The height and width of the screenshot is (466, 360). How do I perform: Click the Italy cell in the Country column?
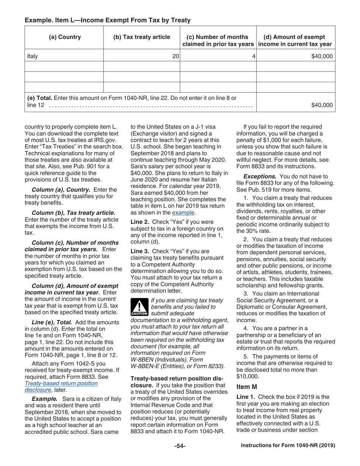33,56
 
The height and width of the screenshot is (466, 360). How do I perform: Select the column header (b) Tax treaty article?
141,37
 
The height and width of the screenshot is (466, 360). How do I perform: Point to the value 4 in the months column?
253,56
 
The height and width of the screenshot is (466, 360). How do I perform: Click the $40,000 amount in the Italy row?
322,56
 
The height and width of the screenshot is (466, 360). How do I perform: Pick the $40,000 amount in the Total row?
322,105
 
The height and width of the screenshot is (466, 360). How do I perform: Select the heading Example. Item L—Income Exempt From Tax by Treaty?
108,20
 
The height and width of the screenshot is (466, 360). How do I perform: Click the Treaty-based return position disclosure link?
61,386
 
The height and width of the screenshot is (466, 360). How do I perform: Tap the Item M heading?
247,387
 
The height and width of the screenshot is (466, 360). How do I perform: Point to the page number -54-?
180,446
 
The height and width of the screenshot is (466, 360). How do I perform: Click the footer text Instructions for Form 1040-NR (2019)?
288,446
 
